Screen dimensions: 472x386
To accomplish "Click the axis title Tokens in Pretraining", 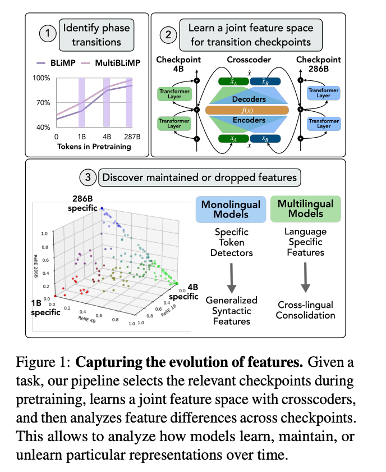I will pyautogui.click(x=93, y=147).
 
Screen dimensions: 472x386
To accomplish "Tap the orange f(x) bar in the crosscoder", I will pyautogui.click(x=247, y=110).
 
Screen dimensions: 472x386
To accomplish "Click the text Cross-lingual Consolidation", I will pyautogui.click(x=306, y=310).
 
